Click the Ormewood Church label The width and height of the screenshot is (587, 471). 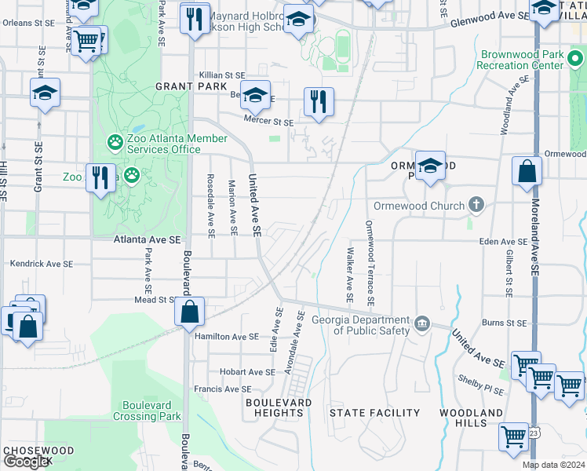pyautogui.click(x=418, y=206)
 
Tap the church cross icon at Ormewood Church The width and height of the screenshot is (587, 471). pyautogui.click(x=476, y=206)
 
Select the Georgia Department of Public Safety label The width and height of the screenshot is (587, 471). pyautogui.click(x=361, y=325)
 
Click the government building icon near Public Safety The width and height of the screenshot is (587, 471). pyautogui.click(x=422, y=324)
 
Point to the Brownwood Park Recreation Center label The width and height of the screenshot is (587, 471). pyautogui.click(x=521, y=60)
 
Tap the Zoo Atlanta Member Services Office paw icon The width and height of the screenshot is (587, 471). pyautogui.click(x=115, y=142)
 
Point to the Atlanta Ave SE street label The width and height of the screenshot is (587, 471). pyautogui.click(x=147, y=239)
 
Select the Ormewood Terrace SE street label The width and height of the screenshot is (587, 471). pyautogui.click(x=370, y=264)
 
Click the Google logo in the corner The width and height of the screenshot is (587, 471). pyautogui.click(x=26, y=462)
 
